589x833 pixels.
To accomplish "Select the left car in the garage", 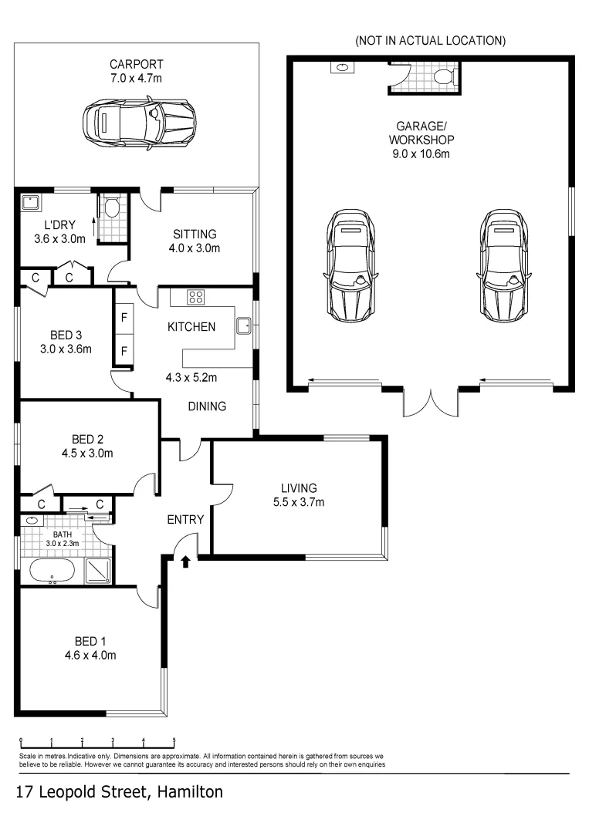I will pos(352,265).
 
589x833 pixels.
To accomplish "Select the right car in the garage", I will pos(504,265).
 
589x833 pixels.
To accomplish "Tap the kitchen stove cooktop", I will pos(196,296).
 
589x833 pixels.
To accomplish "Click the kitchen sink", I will pos(244,325).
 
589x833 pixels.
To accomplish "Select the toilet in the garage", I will pos(443,76).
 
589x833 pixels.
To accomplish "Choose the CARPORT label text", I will pos(136,64).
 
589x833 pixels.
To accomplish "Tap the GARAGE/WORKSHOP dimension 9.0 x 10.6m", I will pos(421,153).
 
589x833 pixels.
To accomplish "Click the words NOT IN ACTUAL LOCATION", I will pos(430,40).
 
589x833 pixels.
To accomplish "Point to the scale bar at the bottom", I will pos(97,740).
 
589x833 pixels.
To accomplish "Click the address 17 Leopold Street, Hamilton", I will pos(120,792).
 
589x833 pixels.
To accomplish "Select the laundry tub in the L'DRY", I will pos(32,203).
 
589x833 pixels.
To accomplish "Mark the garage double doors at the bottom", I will pos(431,401).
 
